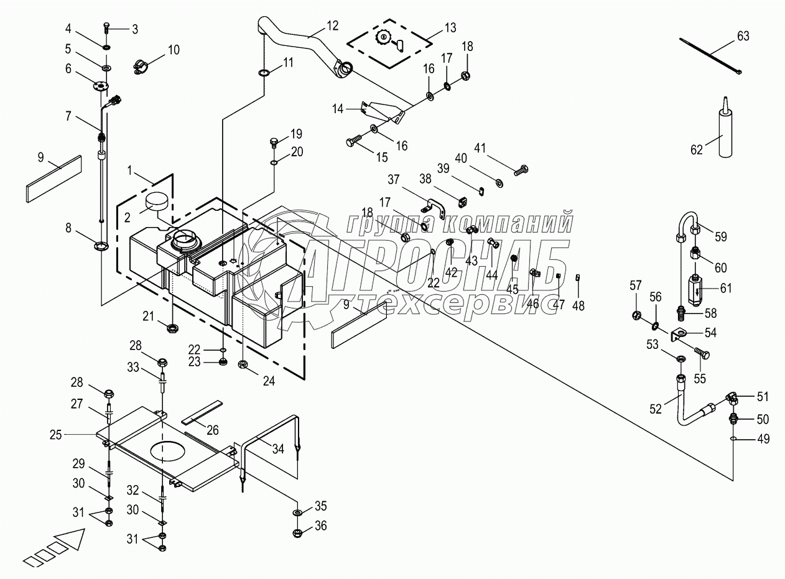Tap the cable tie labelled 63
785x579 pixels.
pos(712,56)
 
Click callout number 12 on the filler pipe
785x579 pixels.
pos(333,26)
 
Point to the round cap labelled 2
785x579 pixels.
pos(157,203)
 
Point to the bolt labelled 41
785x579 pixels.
pos(521,169)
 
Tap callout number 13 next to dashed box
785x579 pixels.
pos(450,27)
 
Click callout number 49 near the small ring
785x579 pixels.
pos(763,439)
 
